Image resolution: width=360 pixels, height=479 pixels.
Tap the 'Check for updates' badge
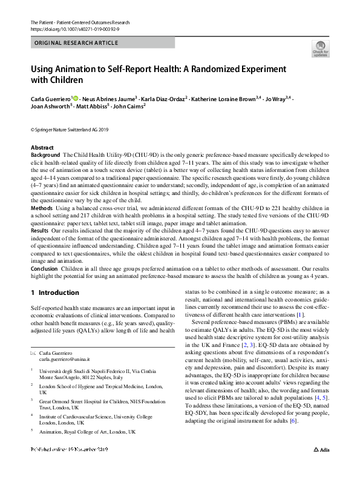point(320,48)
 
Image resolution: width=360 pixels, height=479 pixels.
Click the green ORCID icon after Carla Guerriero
point(76,97)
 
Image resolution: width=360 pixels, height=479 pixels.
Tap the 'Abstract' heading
point(42,148)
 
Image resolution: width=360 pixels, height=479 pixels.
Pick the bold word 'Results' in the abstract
point(41,230)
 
